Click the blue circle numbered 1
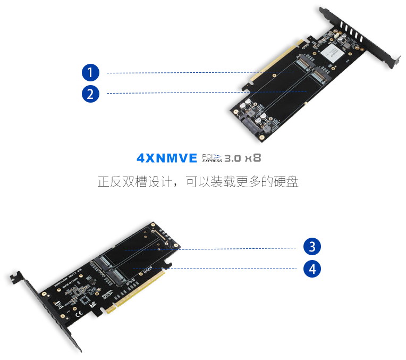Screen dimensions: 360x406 point(90,72)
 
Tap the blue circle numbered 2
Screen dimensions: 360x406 point(90,94)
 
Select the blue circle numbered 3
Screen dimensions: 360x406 point(312,247)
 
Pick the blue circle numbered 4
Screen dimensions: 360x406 point(312,269)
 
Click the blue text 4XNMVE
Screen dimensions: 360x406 point(166,158)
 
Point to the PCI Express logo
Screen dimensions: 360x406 point(212,158)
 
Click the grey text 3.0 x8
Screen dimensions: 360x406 point(242,158)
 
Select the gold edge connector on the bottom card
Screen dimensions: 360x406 point(136,292)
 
